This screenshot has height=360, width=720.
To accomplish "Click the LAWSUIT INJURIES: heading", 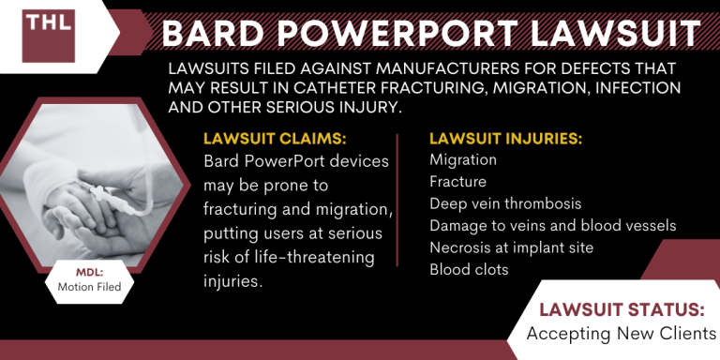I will pyautogui.click(x=505, y=139).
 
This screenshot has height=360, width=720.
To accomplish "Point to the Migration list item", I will pyautogui.click(x=463, y=160).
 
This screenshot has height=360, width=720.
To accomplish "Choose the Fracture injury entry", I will pyautogui.click(x=458, y=182).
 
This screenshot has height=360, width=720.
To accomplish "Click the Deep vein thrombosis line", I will pyautogui.click(x=505, y=203).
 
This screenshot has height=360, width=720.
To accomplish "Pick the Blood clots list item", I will pyautogui.click(x=469, y=269).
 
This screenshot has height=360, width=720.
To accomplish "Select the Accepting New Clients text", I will pyautogui.click(x=622, y=333).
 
